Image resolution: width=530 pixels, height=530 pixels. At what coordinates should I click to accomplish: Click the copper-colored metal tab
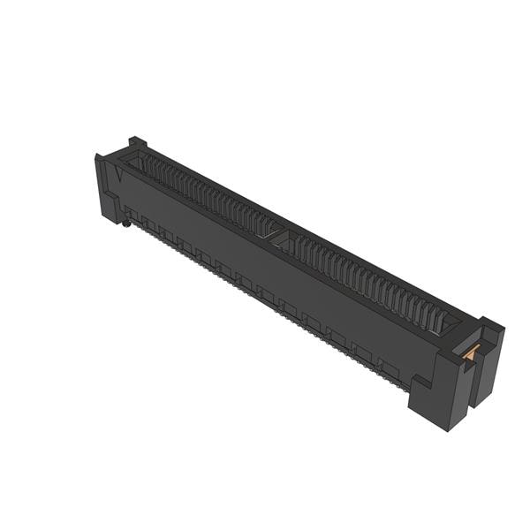tap(470, 352)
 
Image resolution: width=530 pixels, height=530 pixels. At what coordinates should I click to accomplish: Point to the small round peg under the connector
tap(126, 224)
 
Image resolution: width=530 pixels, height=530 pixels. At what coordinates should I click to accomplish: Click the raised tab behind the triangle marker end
tap(136, 143)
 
